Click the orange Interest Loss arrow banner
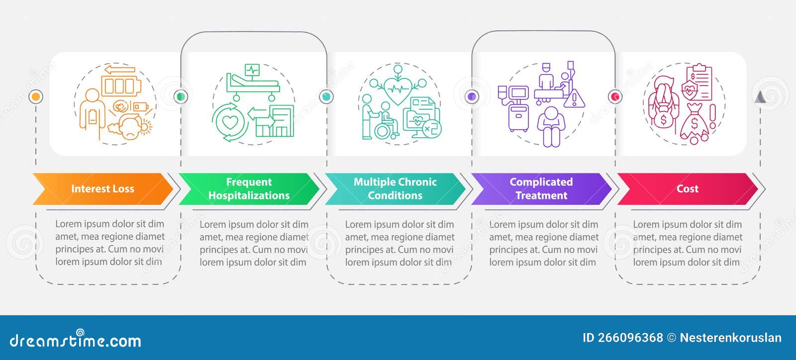tap(102, 189)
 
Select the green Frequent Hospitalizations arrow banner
tap(249, 189)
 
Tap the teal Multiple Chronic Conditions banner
tap(395, 189)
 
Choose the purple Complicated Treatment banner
tap(541, 189)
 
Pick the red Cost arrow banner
tap(688, 189)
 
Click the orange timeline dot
tap(36, 96)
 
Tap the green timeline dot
tap(181, 96)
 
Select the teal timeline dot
tap(326, 96)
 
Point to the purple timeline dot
tap(472, 96)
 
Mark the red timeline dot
tap(615, 96)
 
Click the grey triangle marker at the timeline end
tap(760, 97)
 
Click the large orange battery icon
tap(121, 86)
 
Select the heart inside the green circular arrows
tap(229, 122)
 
